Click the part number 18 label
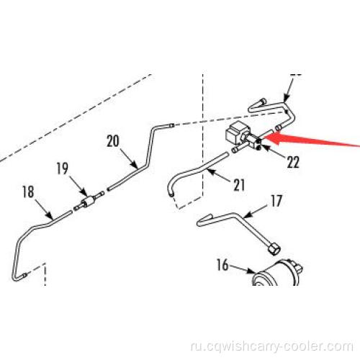click(x=28, y=192)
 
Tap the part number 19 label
click(x=63, y=168)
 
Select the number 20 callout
click(x=113, y=141)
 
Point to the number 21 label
click(x=239, y=185)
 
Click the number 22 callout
click(x=293, y=162)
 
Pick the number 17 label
click(x=276, y=201)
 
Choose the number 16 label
click(x=222, y=265)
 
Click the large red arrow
click(x=312, y=139)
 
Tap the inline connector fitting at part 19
click(x=88, y=201)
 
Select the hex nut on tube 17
click(x=273, y=249)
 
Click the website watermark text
click(x=272, y=347)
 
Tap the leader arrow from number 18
click(x=44, y=209)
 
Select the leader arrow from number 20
click(x=129, y=158)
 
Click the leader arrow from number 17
click(x=255, y=211)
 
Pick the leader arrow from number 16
click(x=242, y=269)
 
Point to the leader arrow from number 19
click(x=78, y=186)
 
